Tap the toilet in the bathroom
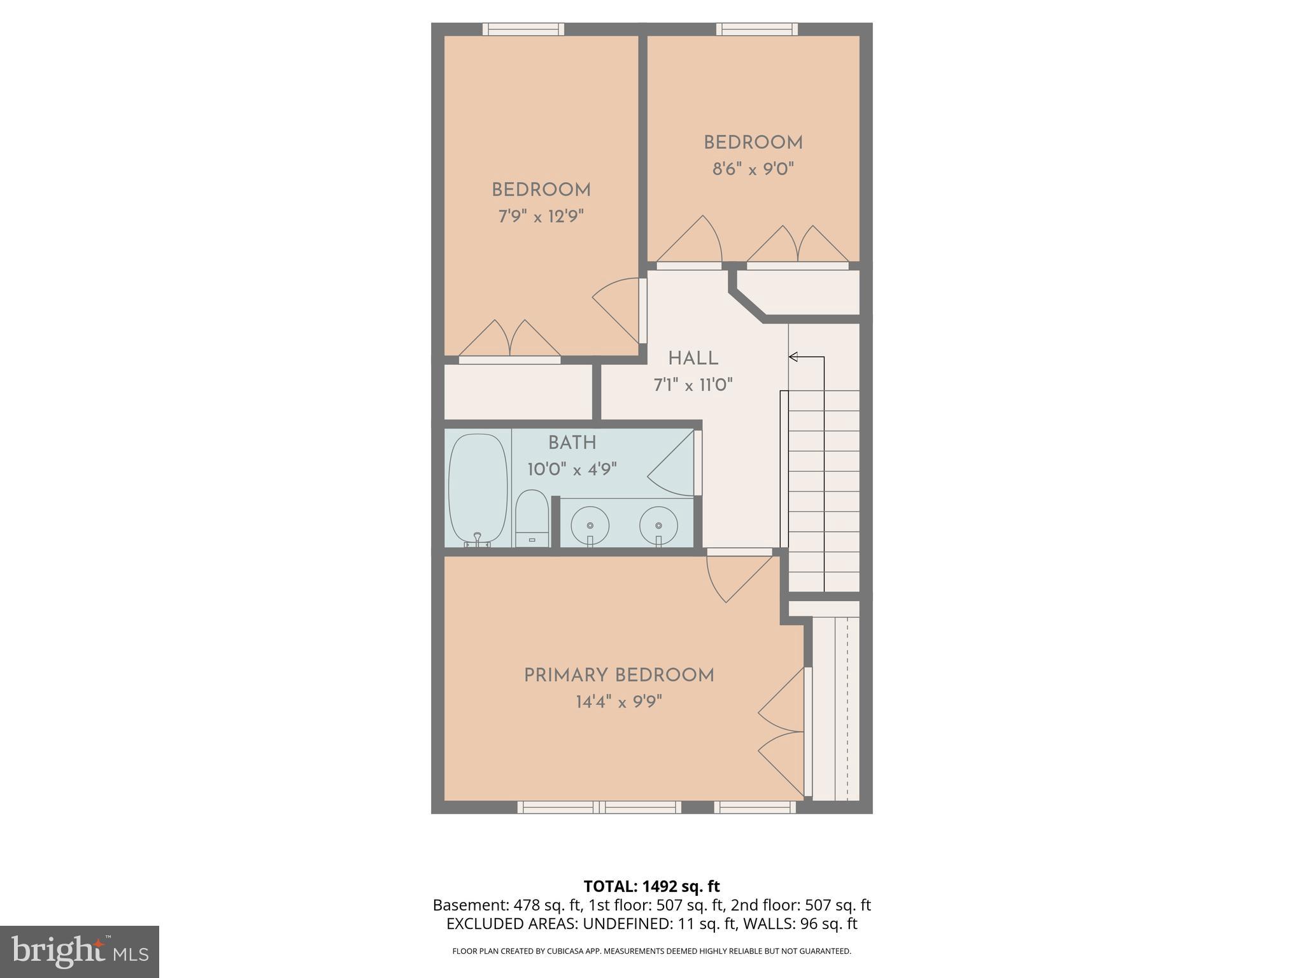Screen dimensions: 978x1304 point(532,519)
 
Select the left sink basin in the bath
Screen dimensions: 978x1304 point(590,525)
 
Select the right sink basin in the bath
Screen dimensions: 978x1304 point(658,525)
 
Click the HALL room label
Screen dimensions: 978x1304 point(693,358)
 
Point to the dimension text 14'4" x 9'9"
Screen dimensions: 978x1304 point(619,702)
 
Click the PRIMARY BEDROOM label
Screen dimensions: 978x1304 point(619,676)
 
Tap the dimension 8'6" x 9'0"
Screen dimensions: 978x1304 point(753,169)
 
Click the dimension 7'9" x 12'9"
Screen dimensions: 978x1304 point(541,217)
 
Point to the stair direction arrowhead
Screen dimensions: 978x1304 point(793,357)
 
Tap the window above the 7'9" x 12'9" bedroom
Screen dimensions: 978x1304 point(523,29)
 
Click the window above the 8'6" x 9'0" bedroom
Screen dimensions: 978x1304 point(757,29)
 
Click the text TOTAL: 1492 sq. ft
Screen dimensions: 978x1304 point(651,886)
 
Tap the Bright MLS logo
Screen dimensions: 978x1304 point(80,952)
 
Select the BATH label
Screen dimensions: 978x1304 point(572,443)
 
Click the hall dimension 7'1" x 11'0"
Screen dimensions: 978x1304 point(693,385)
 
